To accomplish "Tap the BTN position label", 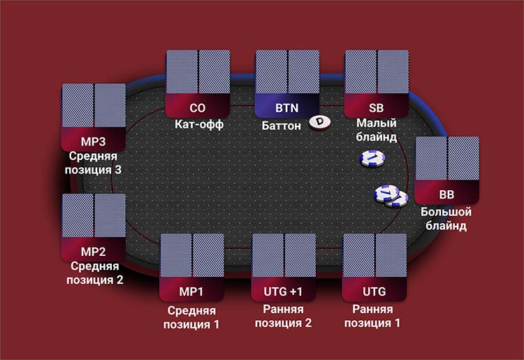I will click(287, 108).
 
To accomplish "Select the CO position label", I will click(198, 108).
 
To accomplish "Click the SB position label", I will click(377, 108).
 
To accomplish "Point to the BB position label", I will click(447, 193).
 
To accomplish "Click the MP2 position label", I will click(94, 250).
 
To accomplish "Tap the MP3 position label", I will click(94, 141).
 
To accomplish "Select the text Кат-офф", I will click(198, 126).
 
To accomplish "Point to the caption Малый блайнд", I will click(377, 131).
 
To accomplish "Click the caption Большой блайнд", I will click(447, 218).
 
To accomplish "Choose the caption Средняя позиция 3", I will click(94, 162).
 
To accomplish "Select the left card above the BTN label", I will click(271, 72).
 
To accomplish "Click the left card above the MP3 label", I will click(78, 105).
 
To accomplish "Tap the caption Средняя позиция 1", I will click(192, 317).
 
